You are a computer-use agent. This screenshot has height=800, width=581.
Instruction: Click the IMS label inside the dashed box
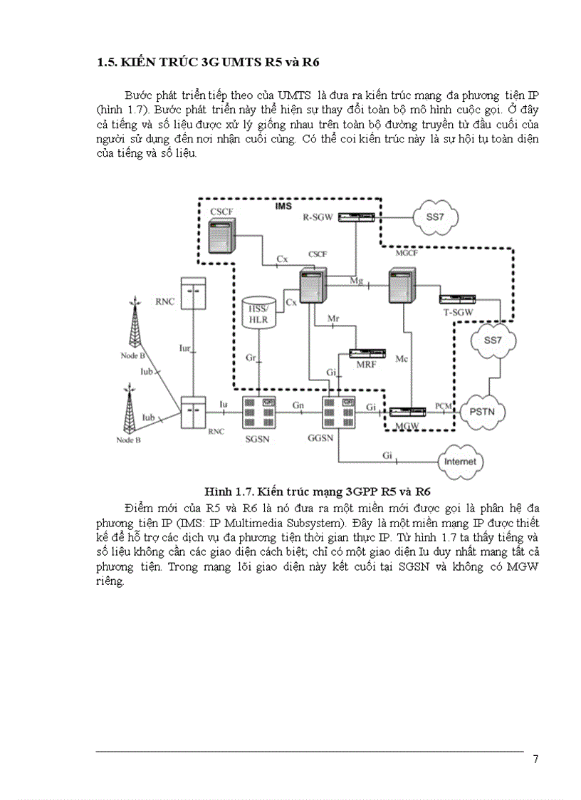[x=284, y=206]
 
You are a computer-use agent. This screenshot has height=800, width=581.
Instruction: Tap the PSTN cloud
[x=482, y=412]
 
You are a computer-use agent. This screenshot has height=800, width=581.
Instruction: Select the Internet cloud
[x=460, y=462]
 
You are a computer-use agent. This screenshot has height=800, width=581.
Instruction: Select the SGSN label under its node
[x=256, y=437]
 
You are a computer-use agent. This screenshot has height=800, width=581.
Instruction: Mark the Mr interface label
[x=333, y=320]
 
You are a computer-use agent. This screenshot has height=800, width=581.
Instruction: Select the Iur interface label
[x=184, y=348]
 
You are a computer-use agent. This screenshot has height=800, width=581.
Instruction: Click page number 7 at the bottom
[x=535, y=759]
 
